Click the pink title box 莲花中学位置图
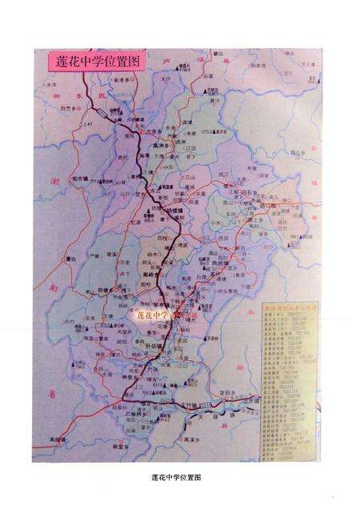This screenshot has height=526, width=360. pyautogui.click(x=89, y=62)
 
